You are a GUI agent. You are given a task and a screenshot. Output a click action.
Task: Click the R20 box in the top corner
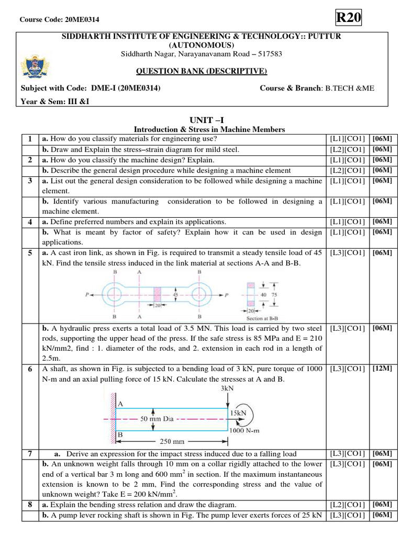[348, 17]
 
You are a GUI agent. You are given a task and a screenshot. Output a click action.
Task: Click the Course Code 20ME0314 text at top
[59, 19]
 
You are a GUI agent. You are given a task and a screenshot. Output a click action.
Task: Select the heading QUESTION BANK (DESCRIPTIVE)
[202, 72]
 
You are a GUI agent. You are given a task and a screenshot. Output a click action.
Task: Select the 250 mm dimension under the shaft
[170, 441]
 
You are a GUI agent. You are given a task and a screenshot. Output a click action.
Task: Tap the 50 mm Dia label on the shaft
[157, 419]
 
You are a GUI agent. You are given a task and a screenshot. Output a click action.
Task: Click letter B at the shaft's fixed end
[120, 434]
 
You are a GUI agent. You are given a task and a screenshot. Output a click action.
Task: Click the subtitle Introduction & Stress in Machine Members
[209, 130]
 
